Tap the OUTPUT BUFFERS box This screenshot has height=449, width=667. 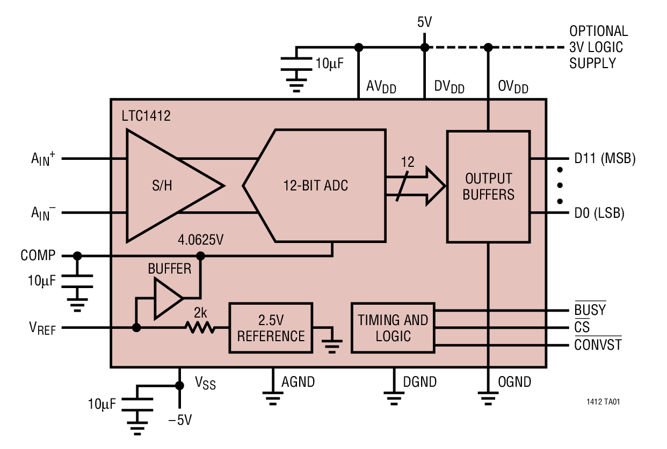(x=488, y=186)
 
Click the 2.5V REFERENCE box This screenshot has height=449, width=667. (x=271, y=328)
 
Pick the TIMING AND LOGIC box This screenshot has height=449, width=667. (x=393, y=328)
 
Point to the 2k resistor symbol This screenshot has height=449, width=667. (x=200, y=327)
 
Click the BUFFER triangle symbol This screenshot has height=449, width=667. (x=167, y=298)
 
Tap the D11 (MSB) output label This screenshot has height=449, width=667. (x=605, y=159)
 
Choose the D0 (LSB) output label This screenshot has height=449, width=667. (x=599, y=214)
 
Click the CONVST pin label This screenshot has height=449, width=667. (x=597, y=344)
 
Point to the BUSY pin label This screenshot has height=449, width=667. (x=590, y=310)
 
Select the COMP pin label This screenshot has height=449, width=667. (x=38, y=256)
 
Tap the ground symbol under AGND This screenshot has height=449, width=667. (x=273, y=398)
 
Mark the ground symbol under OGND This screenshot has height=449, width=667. (x=488, y=398)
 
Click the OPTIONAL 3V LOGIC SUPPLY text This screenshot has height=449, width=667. (x=598, y=47)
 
